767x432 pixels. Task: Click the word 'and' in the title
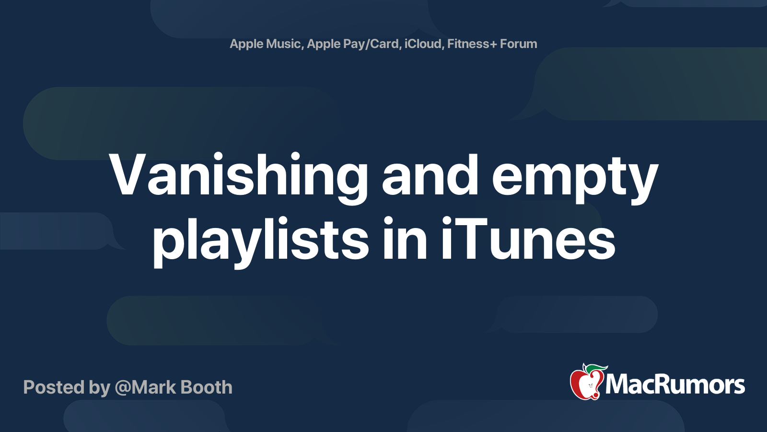tap(430, 175)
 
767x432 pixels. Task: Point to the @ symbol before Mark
tap(123, 388)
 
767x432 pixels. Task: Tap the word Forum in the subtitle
tap(518, 44)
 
